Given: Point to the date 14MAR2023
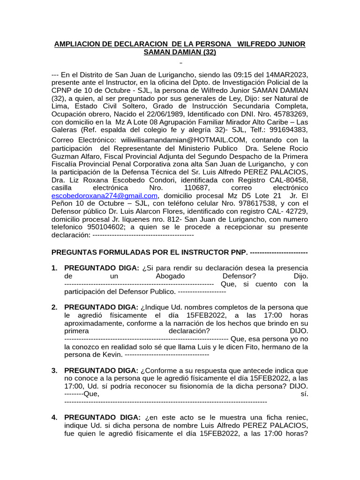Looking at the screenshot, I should pos(285,74).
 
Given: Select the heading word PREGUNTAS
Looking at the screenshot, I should pos(74,252).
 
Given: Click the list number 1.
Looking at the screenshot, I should pos(54,268).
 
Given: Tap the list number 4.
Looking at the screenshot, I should pos(54,418).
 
